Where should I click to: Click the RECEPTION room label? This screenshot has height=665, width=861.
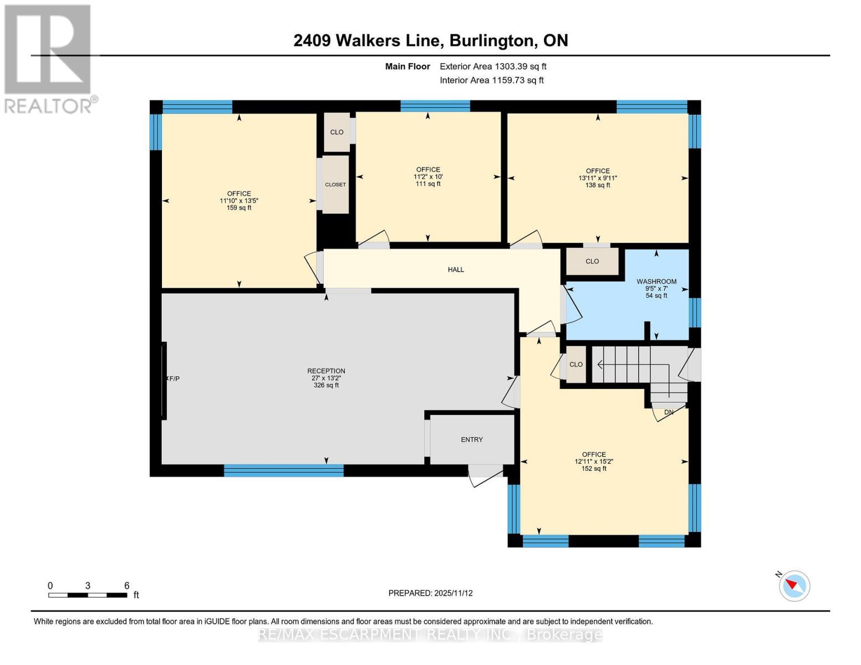[326, 371]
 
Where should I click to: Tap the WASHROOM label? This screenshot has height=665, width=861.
[656, 282]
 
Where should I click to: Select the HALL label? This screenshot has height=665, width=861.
[456, 270]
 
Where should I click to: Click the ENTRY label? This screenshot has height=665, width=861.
[472, 439]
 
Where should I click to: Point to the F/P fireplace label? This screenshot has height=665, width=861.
[174, 378]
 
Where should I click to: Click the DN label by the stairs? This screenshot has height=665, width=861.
[669, 412]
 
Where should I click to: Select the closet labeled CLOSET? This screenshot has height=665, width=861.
[335, 185]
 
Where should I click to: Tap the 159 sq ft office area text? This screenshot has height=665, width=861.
[239, 208]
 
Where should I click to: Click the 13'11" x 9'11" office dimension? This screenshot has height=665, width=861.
[598, 178]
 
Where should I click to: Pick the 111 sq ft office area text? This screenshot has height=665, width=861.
[428, 183]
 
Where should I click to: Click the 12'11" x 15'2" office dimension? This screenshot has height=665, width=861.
[594, 461]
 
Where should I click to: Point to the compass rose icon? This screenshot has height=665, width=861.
[794, 585]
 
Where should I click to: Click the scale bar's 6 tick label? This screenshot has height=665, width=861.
[126, 586]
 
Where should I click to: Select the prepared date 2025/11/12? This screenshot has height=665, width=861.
[454, 593]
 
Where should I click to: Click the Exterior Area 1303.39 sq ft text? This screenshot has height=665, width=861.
[493, 66]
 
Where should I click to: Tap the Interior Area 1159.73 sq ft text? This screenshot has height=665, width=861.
[491, 80]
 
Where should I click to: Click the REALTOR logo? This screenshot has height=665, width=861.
[49, 58]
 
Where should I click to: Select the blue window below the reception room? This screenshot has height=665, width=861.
[283, 471]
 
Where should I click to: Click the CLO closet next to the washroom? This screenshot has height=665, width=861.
[592, 261]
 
